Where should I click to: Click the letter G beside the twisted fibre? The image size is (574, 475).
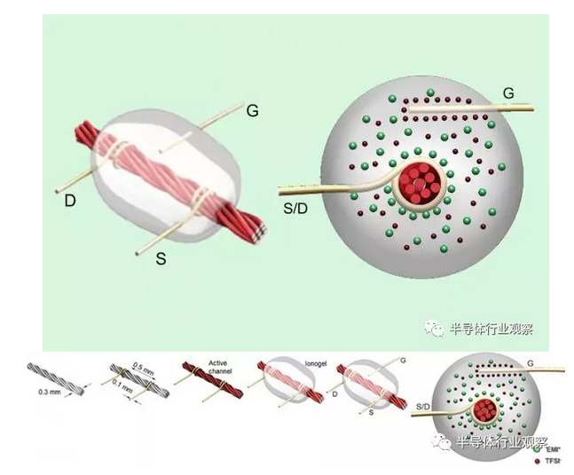[253, 111]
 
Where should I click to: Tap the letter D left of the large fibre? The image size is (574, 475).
[69, 202]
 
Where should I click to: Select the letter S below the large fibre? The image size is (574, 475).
[161, 258]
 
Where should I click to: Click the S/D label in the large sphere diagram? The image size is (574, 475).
[295, 206]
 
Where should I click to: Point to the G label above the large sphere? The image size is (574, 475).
[508, 92]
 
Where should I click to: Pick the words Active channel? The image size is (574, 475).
[218, 367]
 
